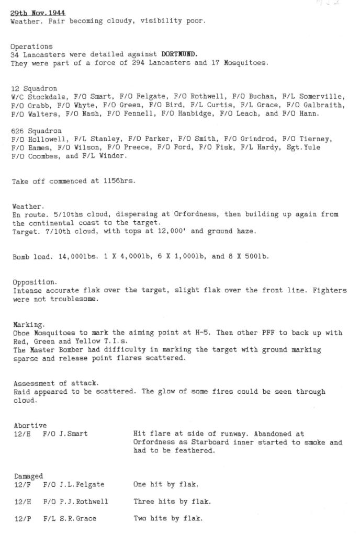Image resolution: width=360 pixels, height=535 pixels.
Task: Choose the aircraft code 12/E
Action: pos(21,434)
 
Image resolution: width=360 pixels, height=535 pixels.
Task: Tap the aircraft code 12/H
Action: pos(21,502)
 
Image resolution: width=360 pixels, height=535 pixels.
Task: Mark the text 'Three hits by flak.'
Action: pos(172,502)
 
